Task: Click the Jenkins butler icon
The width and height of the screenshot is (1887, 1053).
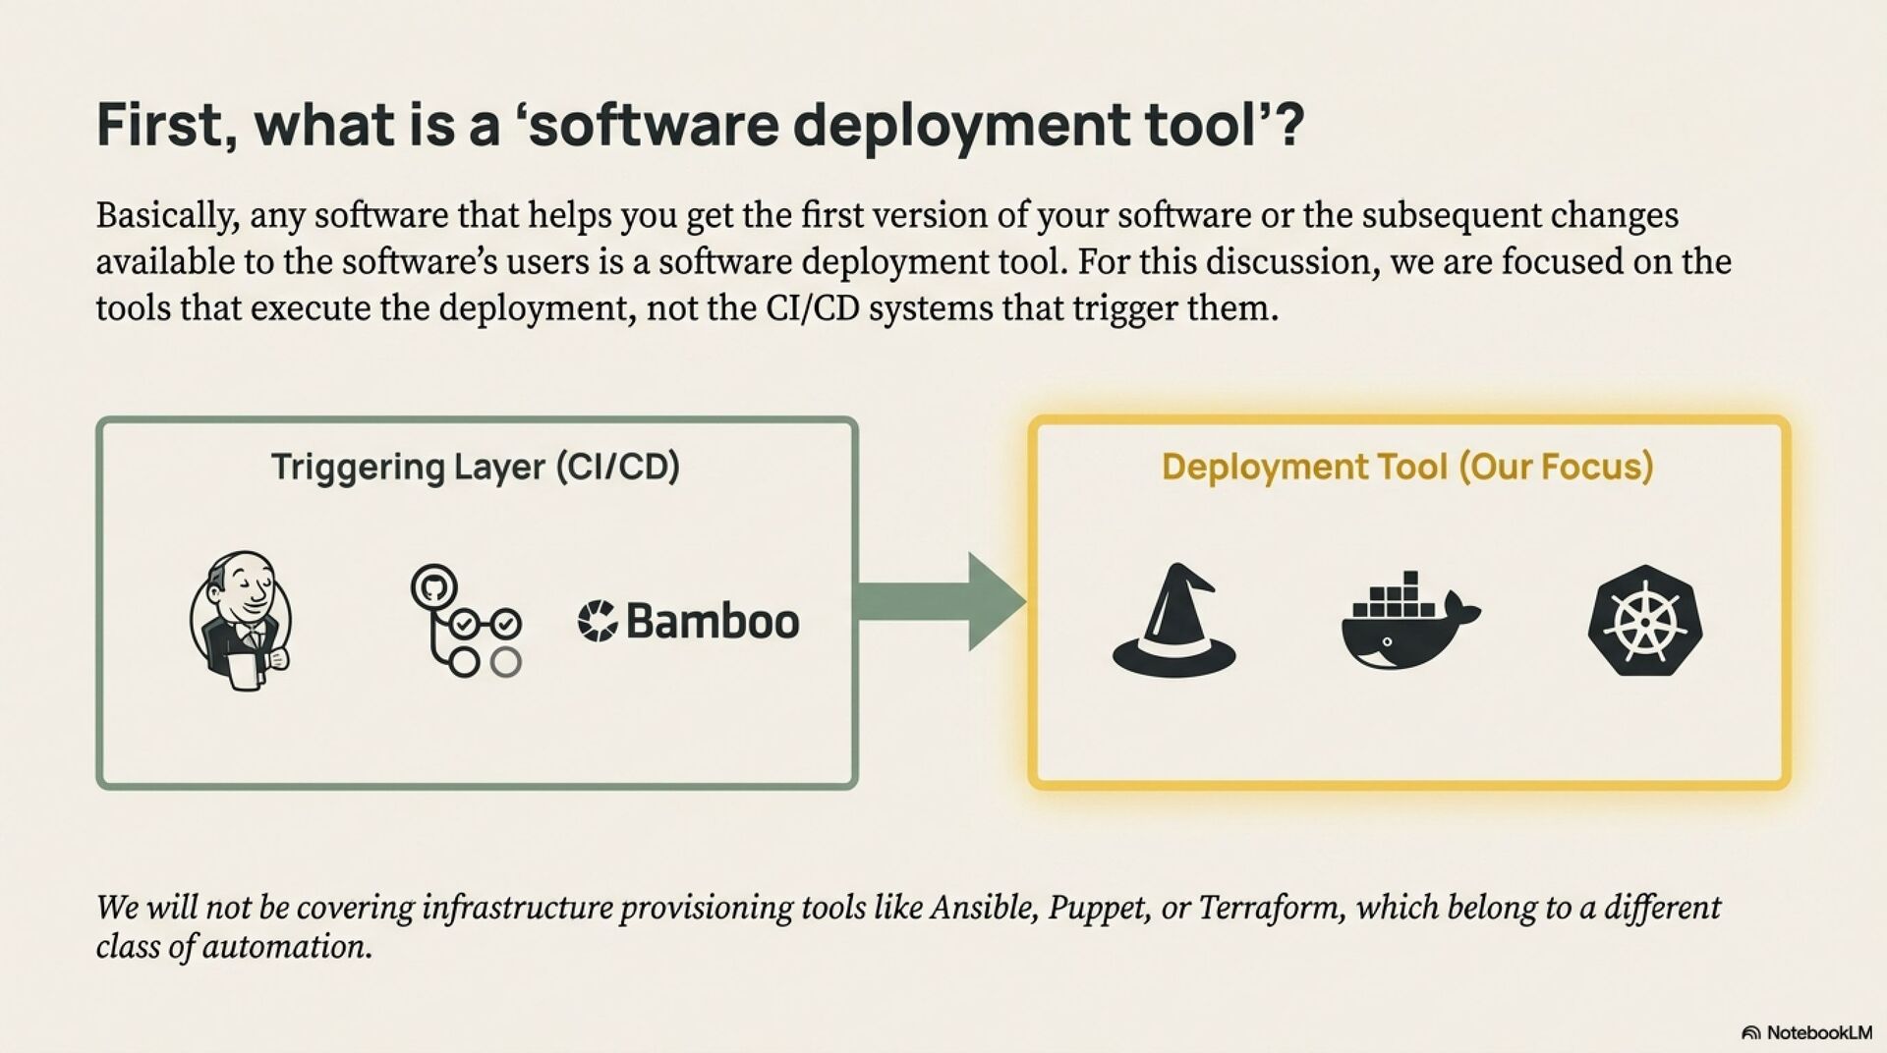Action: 240,620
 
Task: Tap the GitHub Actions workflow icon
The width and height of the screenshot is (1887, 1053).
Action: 465,620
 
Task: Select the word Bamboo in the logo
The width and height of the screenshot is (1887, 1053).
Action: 712,621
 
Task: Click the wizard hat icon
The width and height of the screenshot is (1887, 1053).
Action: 1173,620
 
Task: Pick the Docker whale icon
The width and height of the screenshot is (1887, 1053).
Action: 1408,624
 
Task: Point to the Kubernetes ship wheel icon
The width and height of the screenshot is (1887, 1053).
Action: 1644,620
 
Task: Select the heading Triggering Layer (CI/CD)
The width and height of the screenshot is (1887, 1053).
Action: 475,467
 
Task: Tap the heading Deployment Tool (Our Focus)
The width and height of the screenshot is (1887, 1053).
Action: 1406,467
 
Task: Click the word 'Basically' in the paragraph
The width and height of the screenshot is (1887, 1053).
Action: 166,215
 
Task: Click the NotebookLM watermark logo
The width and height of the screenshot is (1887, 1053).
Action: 1806,1032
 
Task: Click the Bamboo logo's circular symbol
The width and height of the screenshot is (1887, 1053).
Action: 597,621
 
